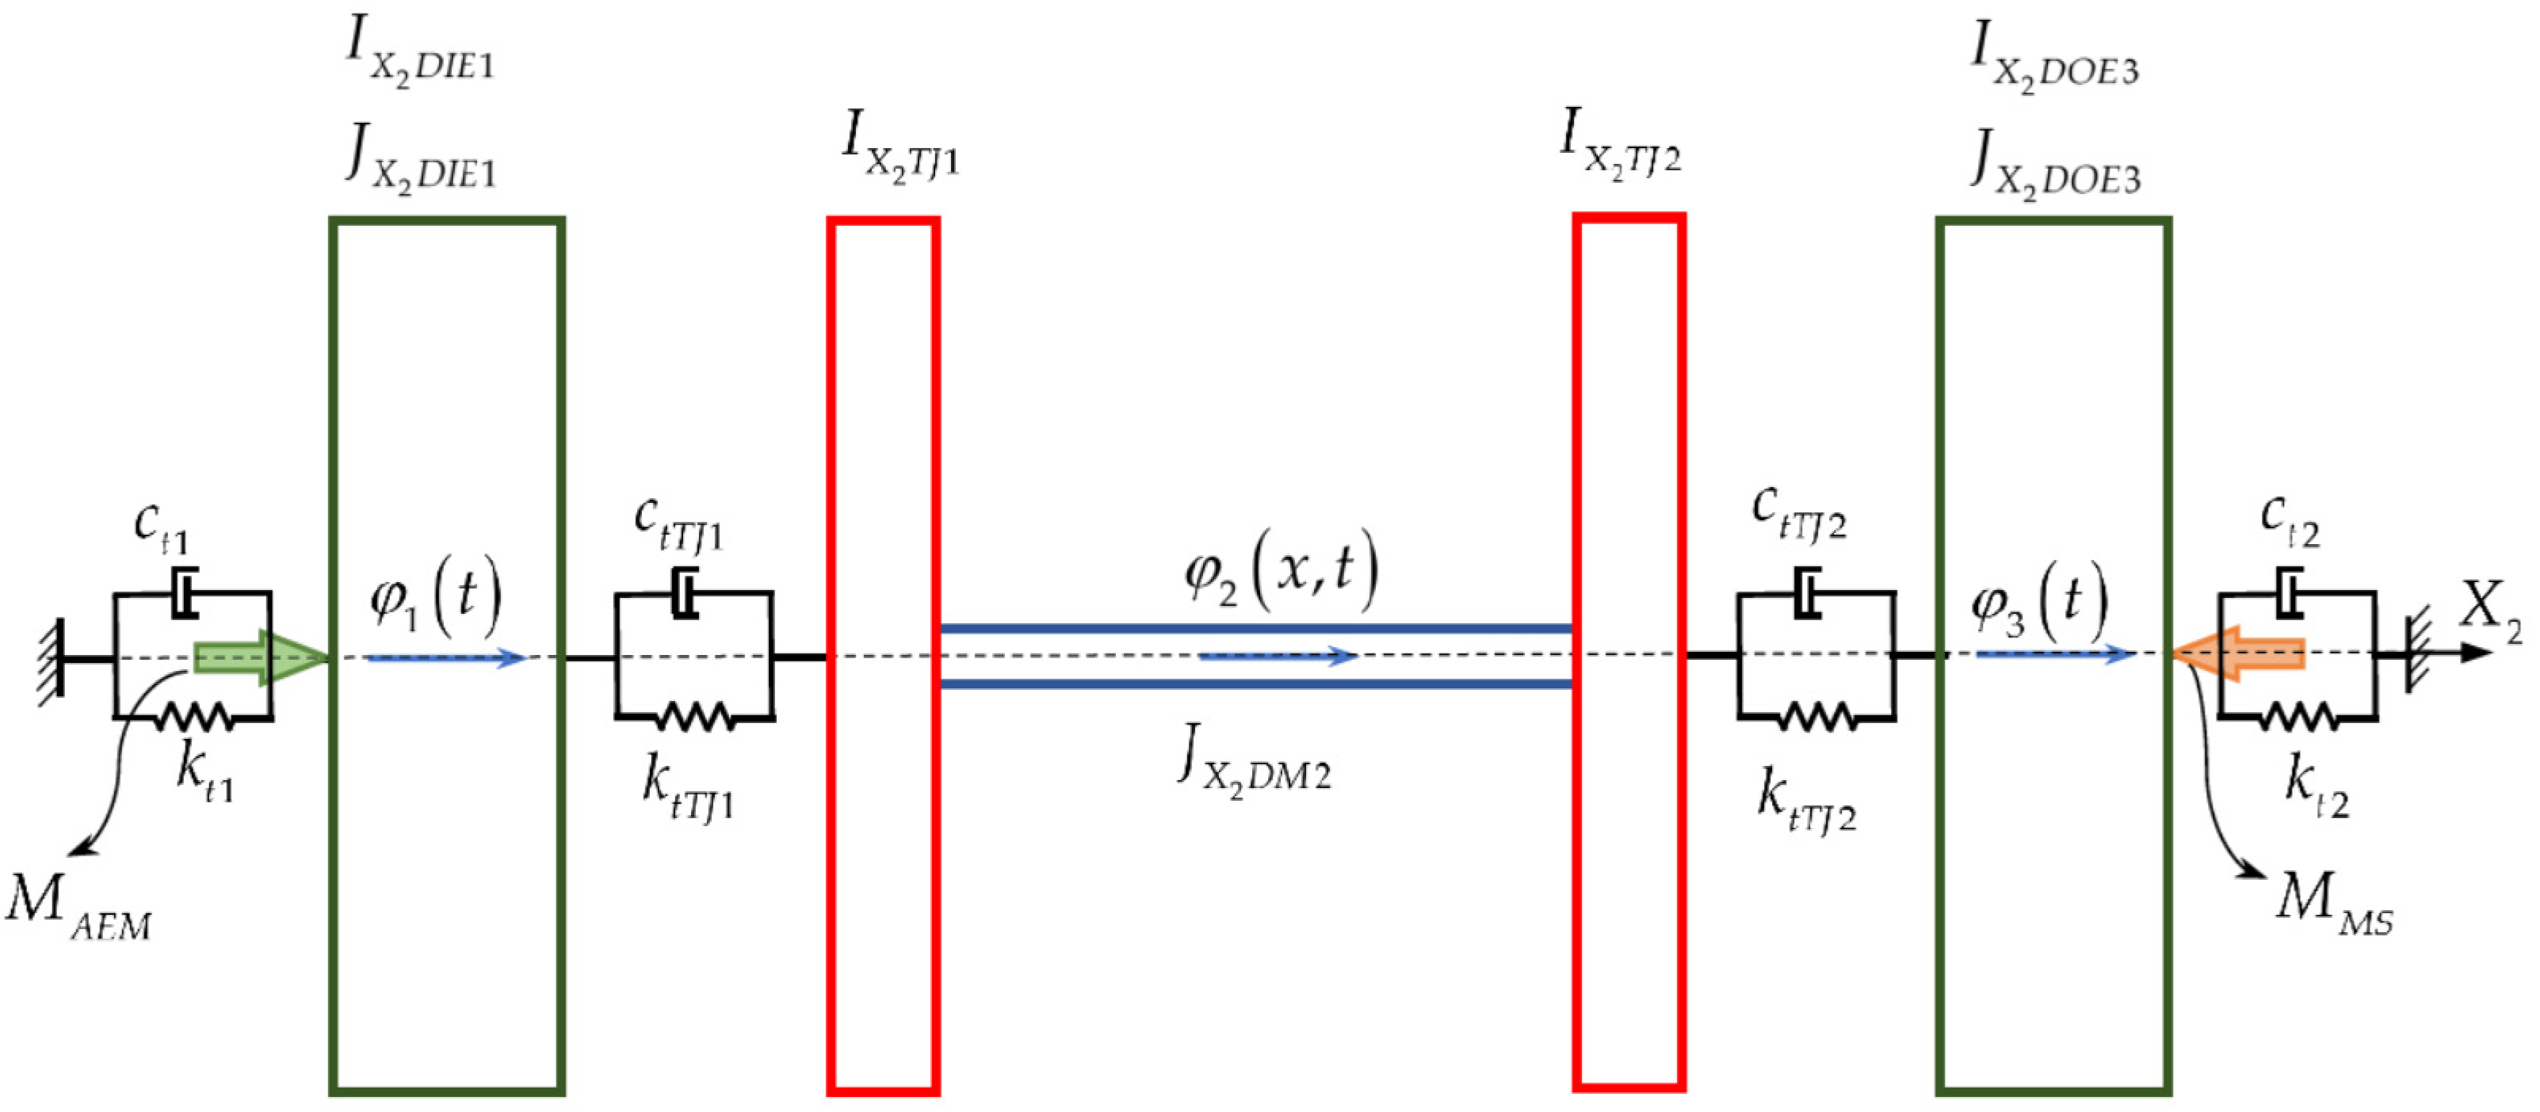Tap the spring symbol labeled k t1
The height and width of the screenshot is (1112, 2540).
point(194,717)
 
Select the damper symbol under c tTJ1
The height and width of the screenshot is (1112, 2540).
point(684,593)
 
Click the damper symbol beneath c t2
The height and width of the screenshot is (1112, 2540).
point(2290,593)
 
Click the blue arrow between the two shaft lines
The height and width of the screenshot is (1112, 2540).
point(1278,656)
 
